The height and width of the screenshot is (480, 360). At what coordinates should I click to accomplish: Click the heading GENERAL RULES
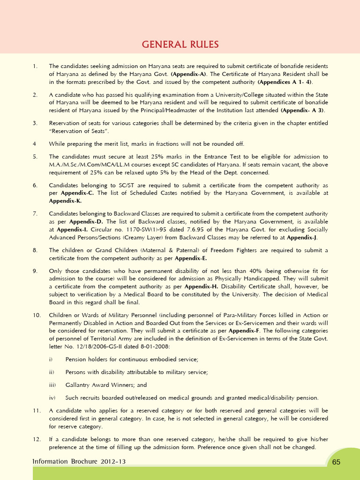click(180, 45)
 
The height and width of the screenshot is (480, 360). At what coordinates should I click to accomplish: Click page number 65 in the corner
click(336, 462)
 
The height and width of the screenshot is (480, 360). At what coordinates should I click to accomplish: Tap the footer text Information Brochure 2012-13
click(79, 462)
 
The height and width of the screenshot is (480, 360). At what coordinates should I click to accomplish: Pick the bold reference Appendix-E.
click(191, 258)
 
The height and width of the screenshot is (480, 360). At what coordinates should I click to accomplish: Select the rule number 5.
click(35, 156)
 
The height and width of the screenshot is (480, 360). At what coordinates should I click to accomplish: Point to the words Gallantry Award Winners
click(96, 385)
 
